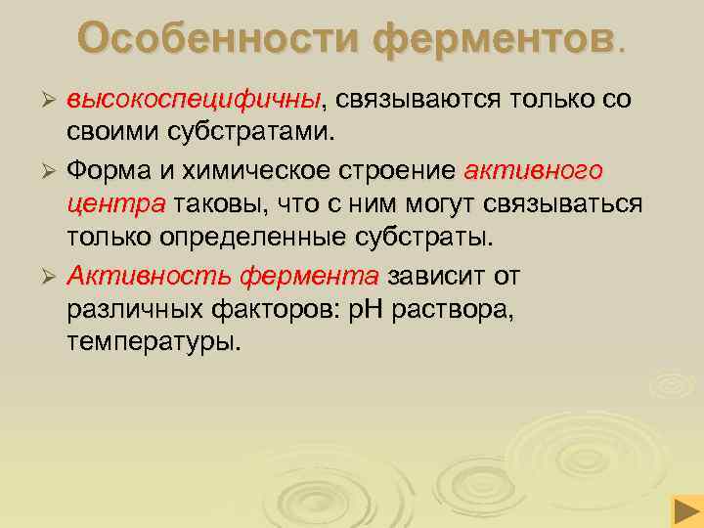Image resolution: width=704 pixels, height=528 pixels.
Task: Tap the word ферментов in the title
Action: point(490,40)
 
